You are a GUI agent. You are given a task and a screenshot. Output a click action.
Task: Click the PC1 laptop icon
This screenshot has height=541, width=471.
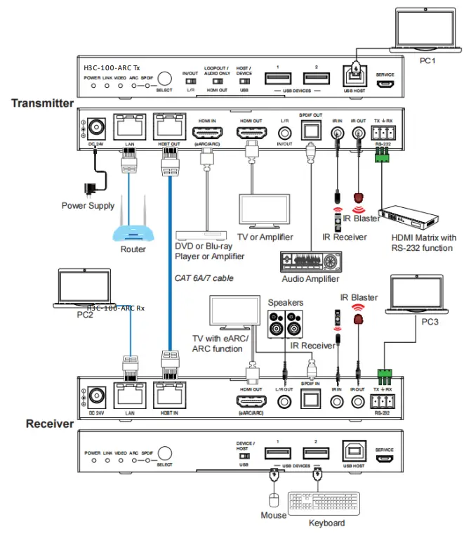(427, 31)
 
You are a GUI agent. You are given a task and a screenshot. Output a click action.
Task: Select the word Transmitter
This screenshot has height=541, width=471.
(42, 103)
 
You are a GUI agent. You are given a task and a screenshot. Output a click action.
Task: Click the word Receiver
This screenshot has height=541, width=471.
(49, 424)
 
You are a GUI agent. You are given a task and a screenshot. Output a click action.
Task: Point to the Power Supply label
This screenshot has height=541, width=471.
(88, 206)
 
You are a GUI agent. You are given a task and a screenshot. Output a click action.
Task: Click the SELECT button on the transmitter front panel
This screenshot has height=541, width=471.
(164, 79)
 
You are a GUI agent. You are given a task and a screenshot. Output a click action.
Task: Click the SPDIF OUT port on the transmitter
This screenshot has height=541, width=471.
(310, 131)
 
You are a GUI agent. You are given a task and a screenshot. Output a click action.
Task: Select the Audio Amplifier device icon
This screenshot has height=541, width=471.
(309, 263)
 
